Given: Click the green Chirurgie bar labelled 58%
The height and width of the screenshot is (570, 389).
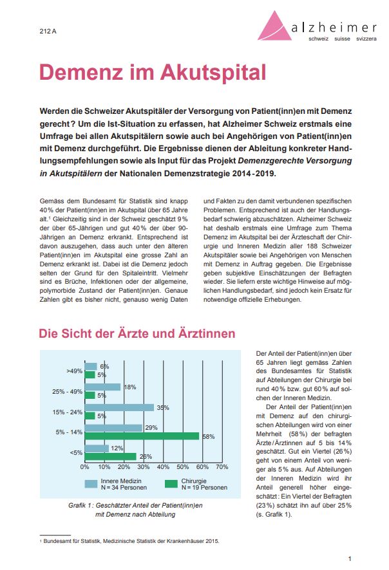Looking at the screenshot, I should (x=141, y=436).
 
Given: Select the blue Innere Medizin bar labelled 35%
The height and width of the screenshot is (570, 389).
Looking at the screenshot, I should (x=119, y=407).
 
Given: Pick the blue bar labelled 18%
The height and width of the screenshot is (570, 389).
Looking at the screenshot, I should (x=102, y=387).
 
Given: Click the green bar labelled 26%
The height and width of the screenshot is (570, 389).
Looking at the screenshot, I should (x=110, y=456).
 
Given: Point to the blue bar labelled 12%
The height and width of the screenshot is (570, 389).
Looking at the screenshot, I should (x=96, y=448).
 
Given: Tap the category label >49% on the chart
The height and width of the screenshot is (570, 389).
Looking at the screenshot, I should (x=74, y=371).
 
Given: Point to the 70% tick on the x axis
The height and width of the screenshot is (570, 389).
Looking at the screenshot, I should (x=222, y=467).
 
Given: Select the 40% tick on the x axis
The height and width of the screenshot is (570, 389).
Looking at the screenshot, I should (x=163, y=467).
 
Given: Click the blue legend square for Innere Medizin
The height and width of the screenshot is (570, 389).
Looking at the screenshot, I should (x=91, y=484).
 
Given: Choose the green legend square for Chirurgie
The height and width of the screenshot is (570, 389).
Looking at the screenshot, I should (x=171, y=484).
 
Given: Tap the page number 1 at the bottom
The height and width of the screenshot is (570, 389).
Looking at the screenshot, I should (x=349, y=558).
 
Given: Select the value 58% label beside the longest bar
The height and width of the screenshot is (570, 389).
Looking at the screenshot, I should (x=208, y=437).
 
